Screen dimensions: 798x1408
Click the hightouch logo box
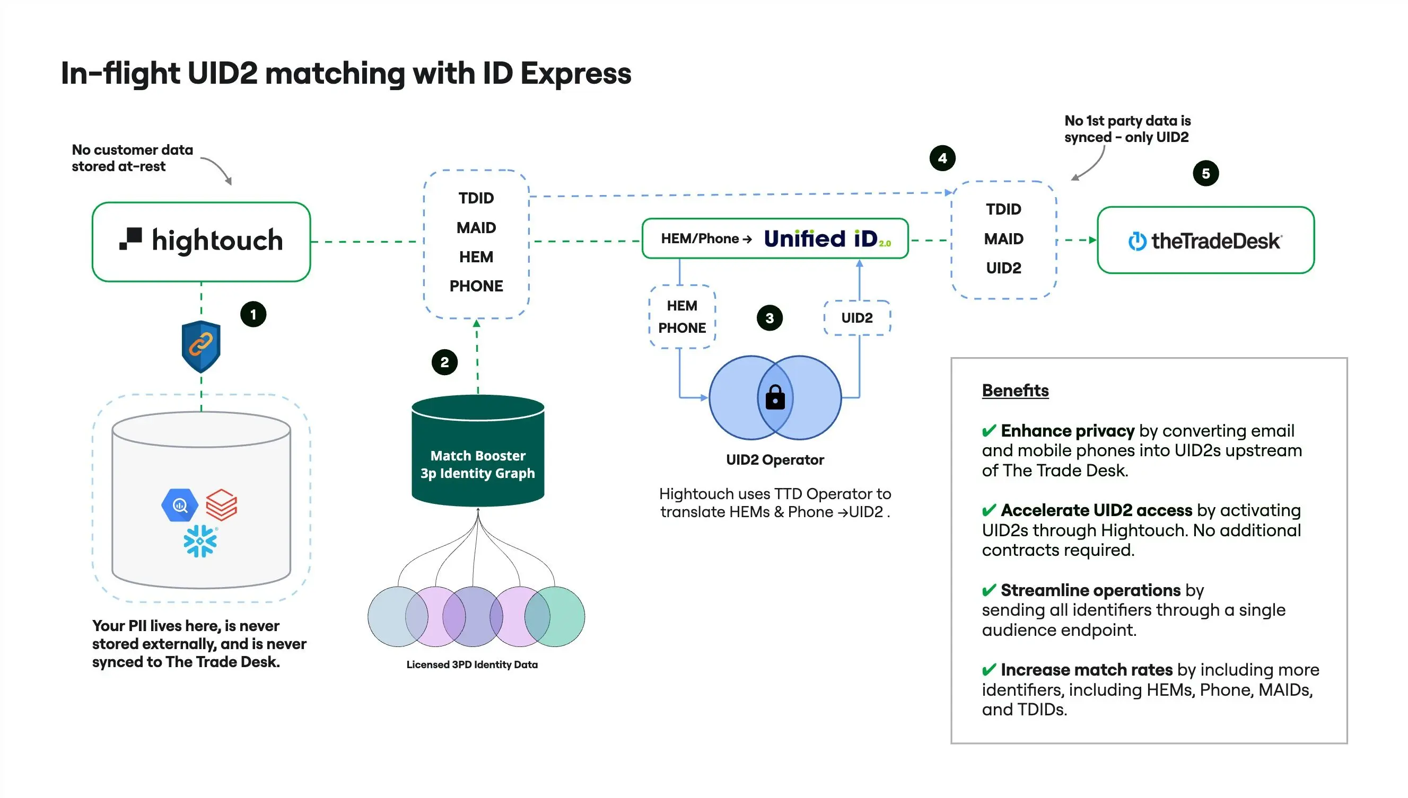point(201,241)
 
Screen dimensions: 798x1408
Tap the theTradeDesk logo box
point(1205,240)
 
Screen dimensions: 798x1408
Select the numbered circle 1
point(253,314)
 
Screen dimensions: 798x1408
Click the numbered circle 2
point(444,362)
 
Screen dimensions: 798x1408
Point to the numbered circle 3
point(769,318)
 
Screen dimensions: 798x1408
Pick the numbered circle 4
point(942,158)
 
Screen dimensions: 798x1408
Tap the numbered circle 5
point(1205,173)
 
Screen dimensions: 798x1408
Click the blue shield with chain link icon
point(201,345)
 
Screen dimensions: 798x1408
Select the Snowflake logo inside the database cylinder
point(199,541)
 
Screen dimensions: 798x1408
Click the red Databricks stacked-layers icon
point(221,504)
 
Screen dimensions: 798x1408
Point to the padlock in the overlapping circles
point(774,397)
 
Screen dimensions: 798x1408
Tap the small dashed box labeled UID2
point(856,317)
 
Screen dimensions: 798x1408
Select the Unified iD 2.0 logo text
point(827,238)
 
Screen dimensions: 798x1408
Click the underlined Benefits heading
point(1015,390)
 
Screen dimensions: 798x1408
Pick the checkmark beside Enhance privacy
point(989,431)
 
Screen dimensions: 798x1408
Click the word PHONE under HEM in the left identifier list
point(476,286)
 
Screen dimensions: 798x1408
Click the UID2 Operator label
point(774,459)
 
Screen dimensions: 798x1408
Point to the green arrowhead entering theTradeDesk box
point(1092,240)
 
